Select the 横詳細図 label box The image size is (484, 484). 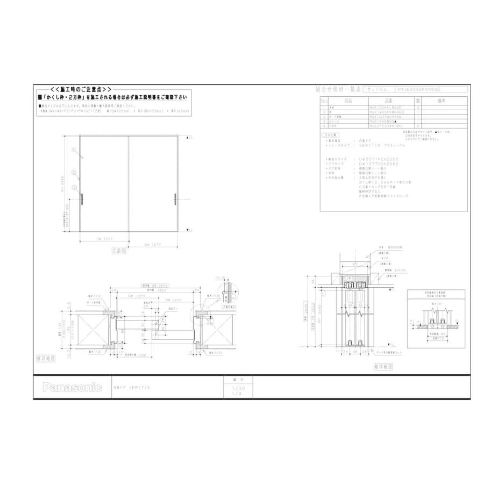click(x=46, y=357)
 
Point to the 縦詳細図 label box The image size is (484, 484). click(x=382, y=365)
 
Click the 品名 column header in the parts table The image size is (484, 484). click(x=347, y=101)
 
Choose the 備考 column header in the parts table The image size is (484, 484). click(x=442, y=101)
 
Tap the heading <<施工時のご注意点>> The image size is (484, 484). click(x=81, y=89)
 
